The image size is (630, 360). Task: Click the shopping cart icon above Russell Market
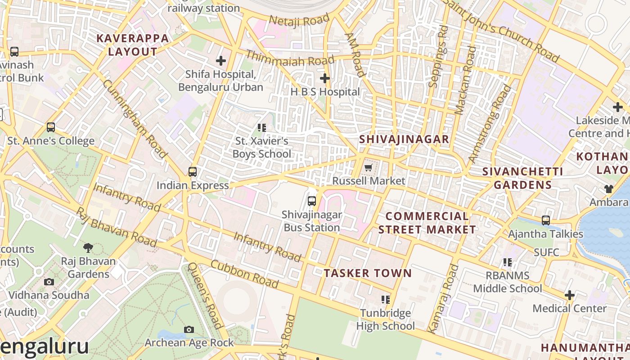tap(368, 168)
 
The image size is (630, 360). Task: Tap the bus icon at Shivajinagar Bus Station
tap(311, 201)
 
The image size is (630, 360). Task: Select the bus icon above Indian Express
tap(193, 171)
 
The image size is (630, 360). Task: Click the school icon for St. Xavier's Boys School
tap(262, 128)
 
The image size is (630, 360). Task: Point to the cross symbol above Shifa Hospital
tap(221, 60)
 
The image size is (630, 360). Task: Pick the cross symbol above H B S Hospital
tap(324, 78)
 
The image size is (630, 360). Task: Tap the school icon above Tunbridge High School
tap(386, 299)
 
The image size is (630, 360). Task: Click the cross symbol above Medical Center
tap(570, 295)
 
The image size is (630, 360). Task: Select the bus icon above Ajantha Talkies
tap(546, 220)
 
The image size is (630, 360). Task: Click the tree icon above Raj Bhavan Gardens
tap(88, 247)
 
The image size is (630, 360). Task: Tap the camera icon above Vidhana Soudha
tap(49, 282)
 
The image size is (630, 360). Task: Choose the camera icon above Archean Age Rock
tap(189, 329)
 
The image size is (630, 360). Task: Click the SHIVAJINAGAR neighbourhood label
tap(404, 139)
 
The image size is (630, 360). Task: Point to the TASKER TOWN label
tap(368, 273)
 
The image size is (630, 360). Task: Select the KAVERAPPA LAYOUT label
tap(133, 45)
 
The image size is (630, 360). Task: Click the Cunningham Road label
tap(135, 119)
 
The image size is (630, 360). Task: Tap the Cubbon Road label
tap(244, 274)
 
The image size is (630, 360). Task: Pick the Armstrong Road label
tap(490, 124)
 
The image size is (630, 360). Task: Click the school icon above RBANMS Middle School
tap(508, 262)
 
